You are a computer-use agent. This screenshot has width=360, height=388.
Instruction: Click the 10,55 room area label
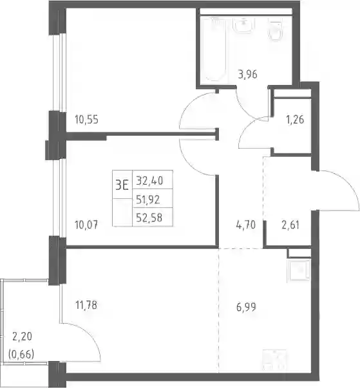point(87,120)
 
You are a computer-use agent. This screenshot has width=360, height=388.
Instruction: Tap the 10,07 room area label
point(86,225)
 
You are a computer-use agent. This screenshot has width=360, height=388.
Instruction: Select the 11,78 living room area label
point(86,305)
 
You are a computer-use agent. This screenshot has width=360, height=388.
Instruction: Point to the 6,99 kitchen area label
point(246,307)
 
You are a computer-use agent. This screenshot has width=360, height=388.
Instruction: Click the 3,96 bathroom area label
point(247,74)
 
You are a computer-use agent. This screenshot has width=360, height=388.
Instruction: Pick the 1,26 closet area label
point(295,120)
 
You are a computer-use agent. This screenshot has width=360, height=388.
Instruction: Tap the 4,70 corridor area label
point(246,225)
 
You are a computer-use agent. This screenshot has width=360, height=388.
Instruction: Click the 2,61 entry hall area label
point(290,225)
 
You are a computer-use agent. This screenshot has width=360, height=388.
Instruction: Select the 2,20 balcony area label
point(22,337)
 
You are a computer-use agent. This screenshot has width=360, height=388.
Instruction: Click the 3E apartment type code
point(122,185)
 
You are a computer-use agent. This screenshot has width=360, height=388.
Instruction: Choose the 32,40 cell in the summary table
point(149,181)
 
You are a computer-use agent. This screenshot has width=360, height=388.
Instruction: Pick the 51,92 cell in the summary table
point(148,199)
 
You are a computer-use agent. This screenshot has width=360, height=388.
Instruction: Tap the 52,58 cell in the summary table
point(149,217)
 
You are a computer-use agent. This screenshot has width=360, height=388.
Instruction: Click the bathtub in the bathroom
point(213,49)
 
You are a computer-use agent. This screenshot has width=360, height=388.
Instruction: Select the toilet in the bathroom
point(276,30)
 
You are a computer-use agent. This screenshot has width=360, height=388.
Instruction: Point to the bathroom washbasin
point(243,24)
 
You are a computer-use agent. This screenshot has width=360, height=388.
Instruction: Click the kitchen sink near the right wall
point(298,270)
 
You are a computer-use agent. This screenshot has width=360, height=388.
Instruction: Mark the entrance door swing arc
point(350,185)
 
